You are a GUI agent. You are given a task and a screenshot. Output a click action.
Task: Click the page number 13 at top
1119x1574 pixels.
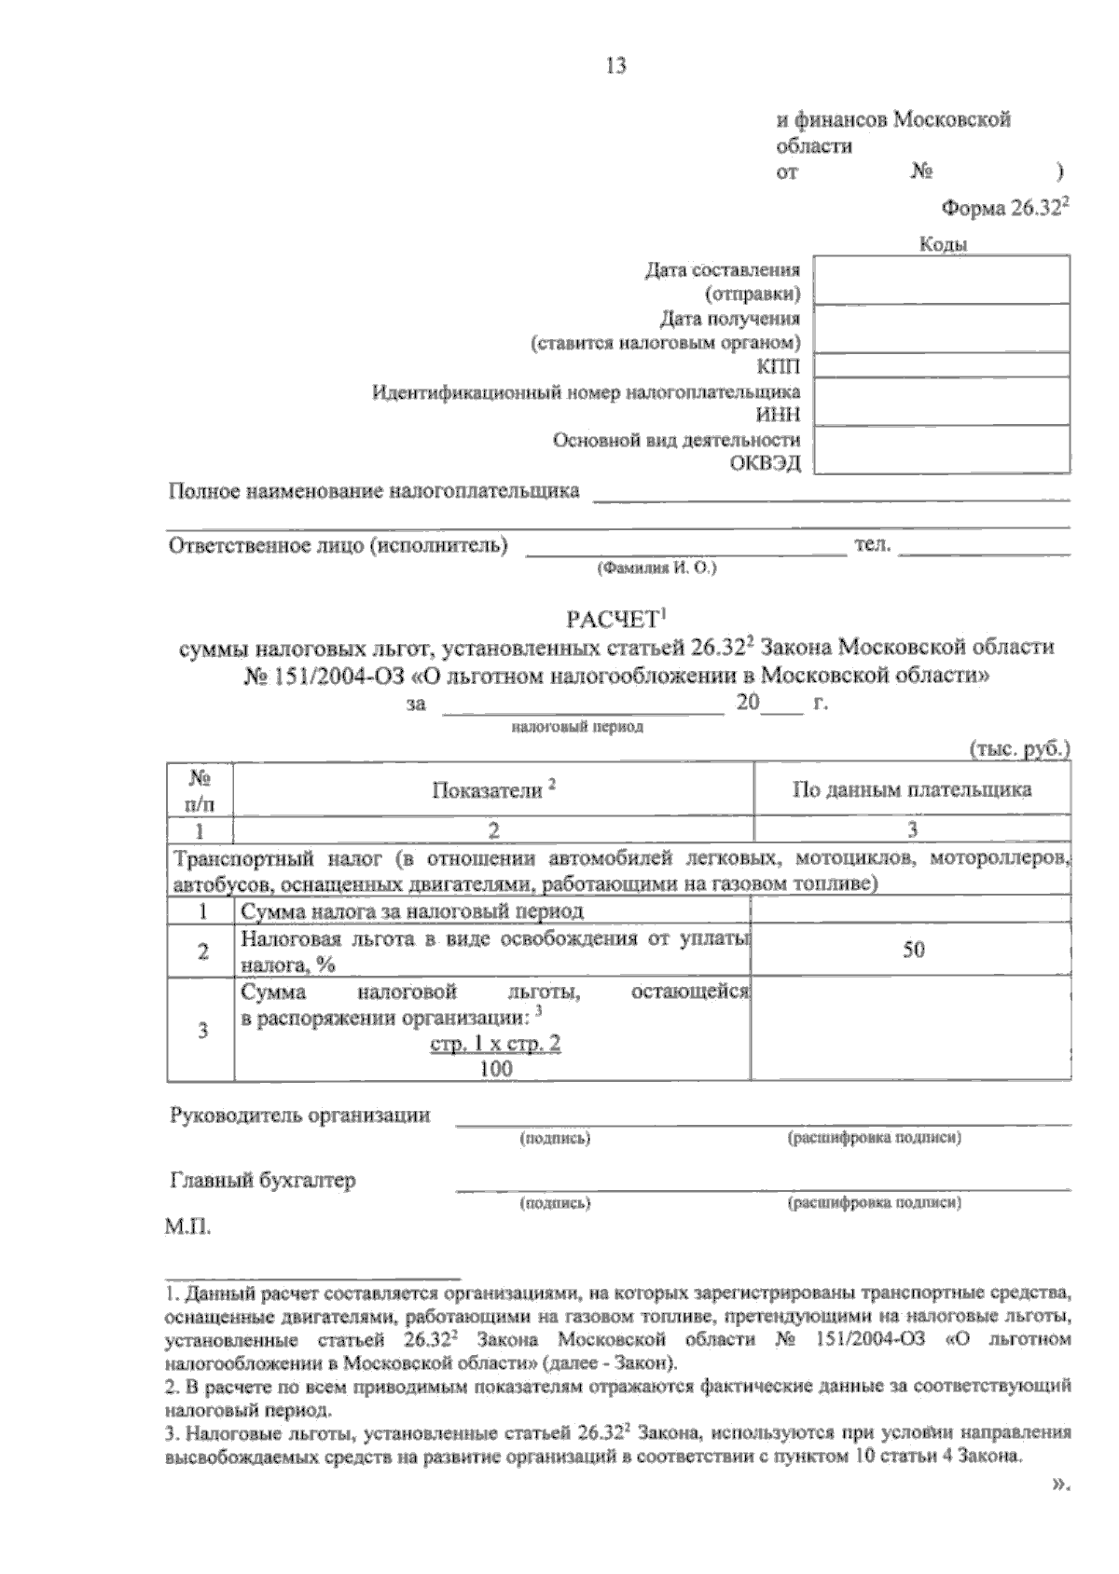(x=615, y=66)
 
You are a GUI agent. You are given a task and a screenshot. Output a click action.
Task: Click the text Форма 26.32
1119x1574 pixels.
(x=1002, y=210)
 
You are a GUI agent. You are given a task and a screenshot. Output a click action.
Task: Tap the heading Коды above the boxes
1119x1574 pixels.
(x=943, y=245)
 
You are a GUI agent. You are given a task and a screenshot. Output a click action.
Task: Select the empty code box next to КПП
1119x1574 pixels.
(x=942, y=365)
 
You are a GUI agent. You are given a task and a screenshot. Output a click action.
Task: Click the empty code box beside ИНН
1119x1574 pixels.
(x=942, y=402)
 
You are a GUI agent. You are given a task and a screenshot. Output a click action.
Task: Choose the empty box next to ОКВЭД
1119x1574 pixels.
(x=942, y=450)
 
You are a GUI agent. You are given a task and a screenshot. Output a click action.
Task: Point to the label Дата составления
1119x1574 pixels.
(x=723, y=270)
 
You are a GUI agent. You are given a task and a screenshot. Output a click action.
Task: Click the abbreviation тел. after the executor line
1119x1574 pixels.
(x=872, y=545)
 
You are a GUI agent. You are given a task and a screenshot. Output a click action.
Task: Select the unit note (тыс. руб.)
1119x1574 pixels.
(x=1019, y=748)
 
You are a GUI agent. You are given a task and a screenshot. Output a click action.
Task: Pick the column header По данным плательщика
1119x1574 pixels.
(x=911, y=790)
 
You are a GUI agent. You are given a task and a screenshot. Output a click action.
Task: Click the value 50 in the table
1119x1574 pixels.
(x=913, y=951)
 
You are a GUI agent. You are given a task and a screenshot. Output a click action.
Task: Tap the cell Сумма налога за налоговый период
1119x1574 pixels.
(x=412, y=910)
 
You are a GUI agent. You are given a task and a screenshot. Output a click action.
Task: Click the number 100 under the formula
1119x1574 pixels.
(x=495, y=1069)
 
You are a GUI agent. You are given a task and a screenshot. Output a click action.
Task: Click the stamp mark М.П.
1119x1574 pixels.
(x=188, y=1227)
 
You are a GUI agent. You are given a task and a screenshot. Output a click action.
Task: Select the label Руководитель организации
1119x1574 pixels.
(x=299, y=1115)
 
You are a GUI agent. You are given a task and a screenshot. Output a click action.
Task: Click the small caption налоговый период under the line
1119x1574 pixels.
(x=577, y=727)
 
